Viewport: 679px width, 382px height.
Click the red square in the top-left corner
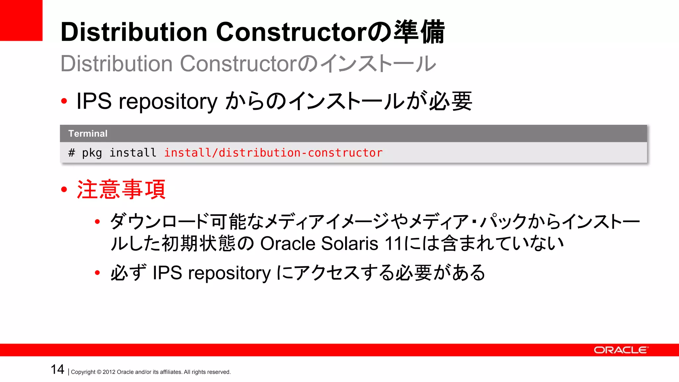pyautogui.click(x=21, y=20)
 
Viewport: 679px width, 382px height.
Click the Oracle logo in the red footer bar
pyautogui.click(x=620, y=350)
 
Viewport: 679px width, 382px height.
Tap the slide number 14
pyautogui.click(x=57, y=369)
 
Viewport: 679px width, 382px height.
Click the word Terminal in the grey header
pyautogui.click(x=88, y=134)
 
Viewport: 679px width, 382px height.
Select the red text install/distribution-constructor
pyautogui.click(x=273, y=153)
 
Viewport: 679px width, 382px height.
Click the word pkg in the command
pyautogui.click(x=92, y=153)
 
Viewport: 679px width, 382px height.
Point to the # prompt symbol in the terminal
pyautogui.click(x=72, y=153)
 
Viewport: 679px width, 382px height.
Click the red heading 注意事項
pyautogui.click(x=121, y=189)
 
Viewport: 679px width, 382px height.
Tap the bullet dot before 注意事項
pyautogui.click(x=64, y=190)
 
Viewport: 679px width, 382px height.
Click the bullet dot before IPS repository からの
pyautogui.click(x=64, y=101)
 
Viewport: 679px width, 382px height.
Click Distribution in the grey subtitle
pyautogui.click(x=116, y=64)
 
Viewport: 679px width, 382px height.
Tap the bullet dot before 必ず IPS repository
pyautogui.click(x=97, y=273)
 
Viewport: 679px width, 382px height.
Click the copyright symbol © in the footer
pyautogui.click(x=99, y=372)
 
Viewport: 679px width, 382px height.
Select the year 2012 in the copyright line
pyautogui.click(x=109, y=372)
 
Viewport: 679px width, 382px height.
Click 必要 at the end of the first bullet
pyautogui.click(x=451, y=101)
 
